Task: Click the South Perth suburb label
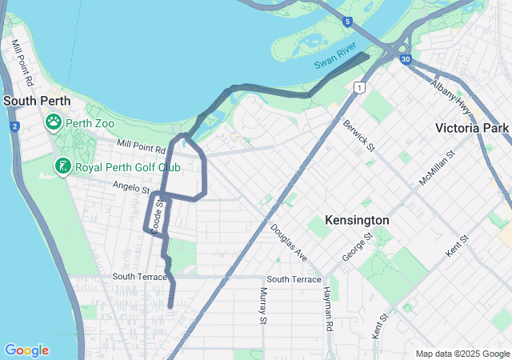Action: coord(37,101)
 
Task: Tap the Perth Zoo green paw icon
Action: coord(54,122)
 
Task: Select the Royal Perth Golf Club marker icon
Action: coord(62,166)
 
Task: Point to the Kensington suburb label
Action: coord(357,220)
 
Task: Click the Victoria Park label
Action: coord(472,128)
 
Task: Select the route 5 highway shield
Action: coord(346,22)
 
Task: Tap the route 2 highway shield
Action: coord(14,126)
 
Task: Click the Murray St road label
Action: coord(262,306)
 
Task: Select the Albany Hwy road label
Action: coord(450,89)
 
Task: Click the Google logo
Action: coord(26,350)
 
